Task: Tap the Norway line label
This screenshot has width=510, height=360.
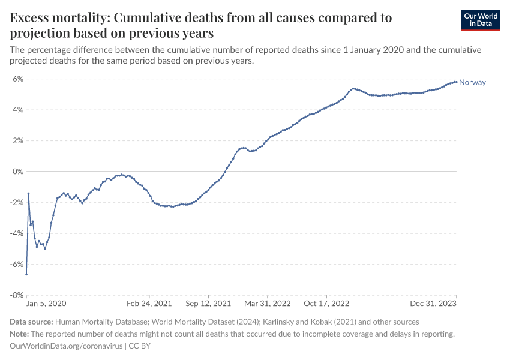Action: pyautogui.click(x=472, y=83)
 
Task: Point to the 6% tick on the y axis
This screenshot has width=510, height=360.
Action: pyautogui.click(x=17, y=79)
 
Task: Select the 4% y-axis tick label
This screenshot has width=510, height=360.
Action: pyautogui.click(x=17, y=110)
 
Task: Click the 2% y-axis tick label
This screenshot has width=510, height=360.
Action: pyautogui.click(x=17, y=141)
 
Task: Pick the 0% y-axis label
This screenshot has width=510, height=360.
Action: pyautogui.click(x=17, y=172)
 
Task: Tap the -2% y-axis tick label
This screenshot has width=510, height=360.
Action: pyautogui.click(x=16, y=203)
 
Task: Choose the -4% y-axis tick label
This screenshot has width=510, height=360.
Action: pyautogui.click(x=16, y=233)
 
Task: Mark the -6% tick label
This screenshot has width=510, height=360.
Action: pyautogui.click(x=16, y=265)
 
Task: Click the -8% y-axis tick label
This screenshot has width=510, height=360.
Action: pyautogui.click(x=16, y=295)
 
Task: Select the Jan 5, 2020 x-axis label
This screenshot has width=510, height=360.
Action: pyautogui.click(x=46, y=304)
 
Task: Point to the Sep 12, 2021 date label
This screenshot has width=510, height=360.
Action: pyautogui.click(x=208, y=304)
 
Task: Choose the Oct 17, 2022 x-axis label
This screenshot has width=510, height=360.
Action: pyautogui.click(x=326, y=304)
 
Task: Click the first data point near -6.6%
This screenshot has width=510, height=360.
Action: pyautogui.click(x=26, y=274)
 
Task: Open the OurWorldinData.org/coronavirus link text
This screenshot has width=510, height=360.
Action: pyautogui.click(x=66, y=346)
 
